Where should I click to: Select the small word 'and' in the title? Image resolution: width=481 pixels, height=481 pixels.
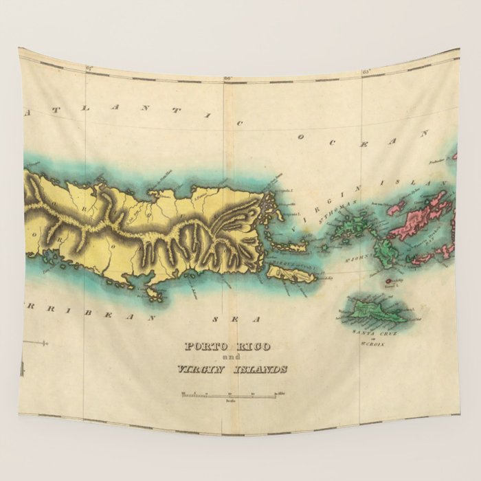point(232,358)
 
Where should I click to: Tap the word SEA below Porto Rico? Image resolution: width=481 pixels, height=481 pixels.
point(236,320)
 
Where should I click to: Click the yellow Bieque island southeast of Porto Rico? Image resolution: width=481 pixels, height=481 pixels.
point(291,275)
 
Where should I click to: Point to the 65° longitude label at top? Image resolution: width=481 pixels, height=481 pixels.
point(366,71)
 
